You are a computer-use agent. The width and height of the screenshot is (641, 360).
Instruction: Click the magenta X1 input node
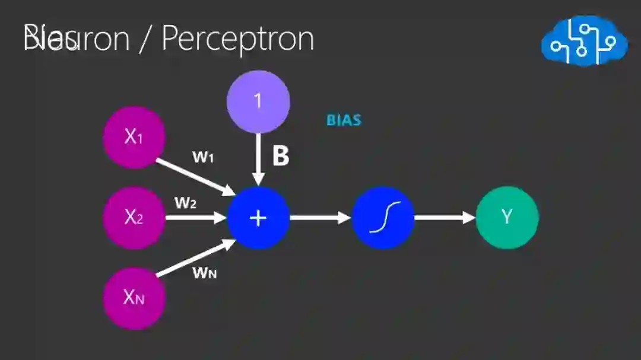click(134, 137)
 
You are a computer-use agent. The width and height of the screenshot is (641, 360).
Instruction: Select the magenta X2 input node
click(134, 218)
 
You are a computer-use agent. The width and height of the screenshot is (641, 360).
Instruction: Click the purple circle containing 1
click(258, 101)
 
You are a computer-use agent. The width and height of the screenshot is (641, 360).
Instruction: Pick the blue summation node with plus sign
click(258, 218)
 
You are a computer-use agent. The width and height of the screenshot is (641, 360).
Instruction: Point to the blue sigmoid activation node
click(383, 218)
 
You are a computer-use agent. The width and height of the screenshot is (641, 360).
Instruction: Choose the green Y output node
click(507, 218)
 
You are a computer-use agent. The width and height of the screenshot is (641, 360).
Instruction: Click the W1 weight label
click(203, 157)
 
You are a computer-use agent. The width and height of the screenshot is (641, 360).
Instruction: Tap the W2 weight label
click(185, 203)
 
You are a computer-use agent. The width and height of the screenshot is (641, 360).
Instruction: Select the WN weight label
click(204, 273)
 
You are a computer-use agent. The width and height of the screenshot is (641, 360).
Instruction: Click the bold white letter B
click(280, 156)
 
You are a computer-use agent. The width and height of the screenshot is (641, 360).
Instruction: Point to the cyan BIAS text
click(344, 120)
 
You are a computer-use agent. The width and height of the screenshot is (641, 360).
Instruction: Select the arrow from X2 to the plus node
click(196, 218)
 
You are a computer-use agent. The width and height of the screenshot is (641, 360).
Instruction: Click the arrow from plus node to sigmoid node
click(320, 218)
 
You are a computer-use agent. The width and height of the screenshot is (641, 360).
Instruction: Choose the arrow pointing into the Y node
click(445, 218)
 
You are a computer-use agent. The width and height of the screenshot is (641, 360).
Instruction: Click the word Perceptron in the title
click(237, 39)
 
